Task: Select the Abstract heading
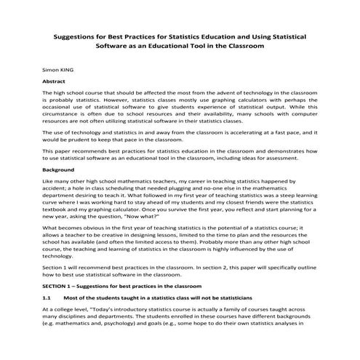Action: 56,82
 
